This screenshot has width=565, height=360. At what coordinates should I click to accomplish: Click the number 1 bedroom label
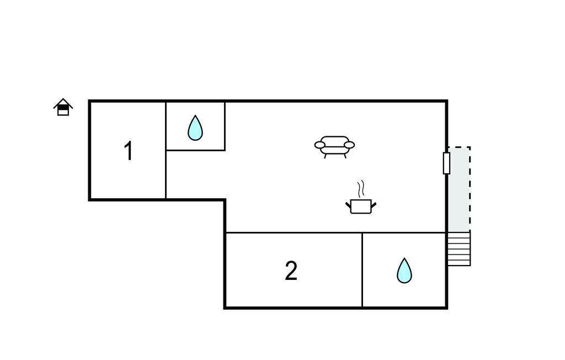[128, 151]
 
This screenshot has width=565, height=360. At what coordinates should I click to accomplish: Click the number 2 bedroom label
[291, 271]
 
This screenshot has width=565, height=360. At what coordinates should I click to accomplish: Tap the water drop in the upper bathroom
[195, 128]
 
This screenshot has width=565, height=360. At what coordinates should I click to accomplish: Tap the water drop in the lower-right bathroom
[404, 271]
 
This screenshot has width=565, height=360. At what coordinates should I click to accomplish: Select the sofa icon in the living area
[334, 146]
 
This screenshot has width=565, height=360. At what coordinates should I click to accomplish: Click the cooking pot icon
[361, 206]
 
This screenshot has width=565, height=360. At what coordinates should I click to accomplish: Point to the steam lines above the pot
[361, 189]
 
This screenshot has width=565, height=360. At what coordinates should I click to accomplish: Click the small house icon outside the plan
[63, 107]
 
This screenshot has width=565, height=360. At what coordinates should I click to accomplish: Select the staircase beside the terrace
[459, 248]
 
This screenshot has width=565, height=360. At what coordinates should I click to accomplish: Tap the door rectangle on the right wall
[446, 163]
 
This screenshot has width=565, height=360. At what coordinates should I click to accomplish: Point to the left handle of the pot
[348, 205]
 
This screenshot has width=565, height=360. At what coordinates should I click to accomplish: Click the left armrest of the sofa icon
[320, 145]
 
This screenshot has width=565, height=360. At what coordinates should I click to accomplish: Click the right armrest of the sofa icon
[349, 145]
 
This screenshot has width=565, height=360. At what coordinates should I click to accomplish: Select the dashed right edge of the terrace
[470, 188]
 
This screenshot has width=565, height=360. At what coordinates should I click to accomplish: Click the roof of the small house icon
[63, 102]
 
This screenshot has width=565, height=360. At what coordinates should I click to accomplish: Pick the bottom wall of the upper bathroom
[195, 150]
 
